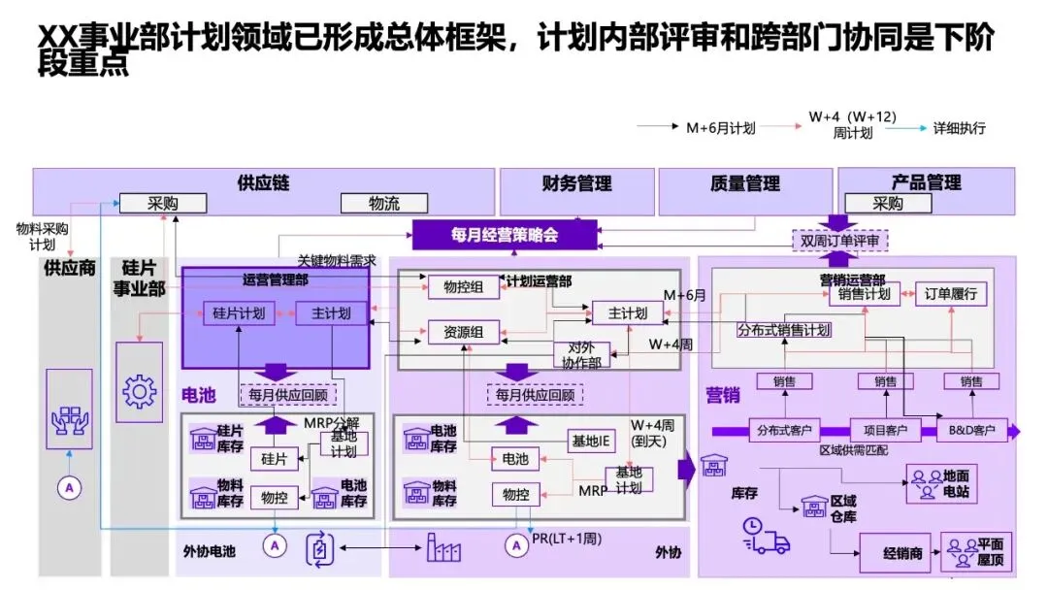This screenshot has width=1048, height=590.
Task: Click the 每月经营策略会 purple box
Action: [x=504, y=235]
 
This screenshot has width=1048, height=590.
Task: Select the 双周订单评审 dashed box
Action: [x=838, y=240]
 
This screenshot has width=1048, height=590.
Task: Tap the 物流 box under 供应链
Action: [x=384, y=204]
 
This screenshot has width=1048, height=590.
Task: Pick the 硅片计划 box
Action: [x=239, y=313]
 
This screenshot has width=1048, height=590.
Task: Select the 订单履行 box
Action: [x=950, y=294]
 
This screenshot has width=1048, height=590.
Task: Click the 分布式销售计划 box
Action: [x=783, y=330]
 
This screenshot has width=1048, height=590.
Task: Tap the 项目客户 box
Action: [x=885, y=430]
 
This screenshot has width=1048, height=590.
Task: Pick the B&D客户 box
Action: [x=971, y=430]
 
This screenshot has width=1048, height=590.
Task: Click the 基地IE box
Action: [x=591, y=442]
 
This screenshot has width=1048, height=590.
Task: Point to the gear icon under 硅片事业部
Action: [x=139, y=392]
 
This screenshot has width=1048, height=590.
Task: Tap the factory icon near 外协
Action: [x=445, y=549]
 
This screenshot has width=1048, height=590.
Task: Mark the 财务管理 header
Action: [x=576, y=183]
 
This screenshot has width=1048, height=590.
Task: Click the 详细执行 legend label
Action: [x=959, y=128]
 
